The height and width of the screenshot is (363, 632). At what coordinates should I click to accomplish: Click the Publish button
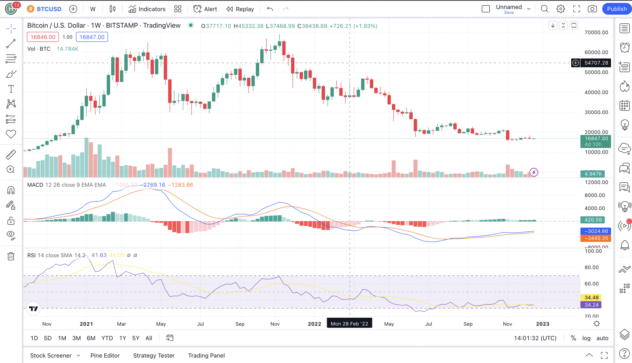pos(617,9)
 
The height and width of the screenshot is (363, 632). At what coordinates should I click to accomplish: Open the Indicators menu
pos(147,9)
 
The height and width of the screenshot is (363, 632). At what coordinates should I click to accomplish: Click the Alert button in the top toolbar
pos(205,9)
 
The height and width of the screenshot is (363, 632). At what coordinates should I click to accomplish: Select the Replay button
pos(240,9)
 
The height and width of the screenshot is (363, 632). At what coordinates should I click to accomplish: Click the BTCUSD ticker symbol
pos(49,9)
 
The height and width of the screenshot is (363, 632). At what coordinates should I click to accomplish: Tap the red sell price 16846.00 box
pos(43,37)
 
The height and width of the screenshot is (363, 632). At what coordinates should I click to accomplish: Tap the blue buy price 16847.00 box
pos(92,37)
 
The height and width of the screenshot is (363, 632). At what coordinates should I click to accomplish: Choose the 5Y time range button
pos(136,338)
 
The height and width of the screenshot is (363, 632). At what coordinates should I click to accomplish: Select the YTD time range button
pos(107,338)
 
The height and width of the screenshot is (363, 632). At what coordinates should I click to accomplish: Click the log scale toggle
pos(586,338)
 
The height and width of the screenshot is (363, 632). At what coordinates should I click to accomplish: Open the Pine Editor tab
pos(105,356)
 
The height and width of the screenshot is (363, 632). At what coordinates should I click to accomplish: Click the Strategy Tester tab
pos(154,356)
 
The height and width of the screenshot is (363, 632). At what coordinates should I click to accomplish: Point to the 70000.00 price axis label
pos(596,32)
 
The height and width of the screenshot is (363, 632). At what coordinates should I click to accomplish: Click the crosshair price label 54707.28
pos(596,63)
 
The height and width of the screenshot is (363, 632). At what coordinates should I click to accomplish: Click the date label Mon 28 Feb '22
pos(349,324)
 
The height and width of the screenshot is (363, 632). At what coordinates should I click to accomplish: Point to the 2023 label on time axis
pos(543,324)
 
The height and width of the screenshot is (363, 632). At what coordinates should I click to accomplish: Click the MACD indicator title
pos(35,185)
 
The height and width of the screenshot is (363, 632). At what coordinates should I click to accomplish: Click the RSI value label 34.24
pos(591,305)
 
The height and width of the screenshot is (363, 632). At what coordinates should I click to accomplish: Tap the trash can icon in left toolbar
pos(11,256)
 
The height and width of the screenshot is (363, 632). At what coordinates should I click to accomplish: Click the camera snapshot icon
pos(592,9)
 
